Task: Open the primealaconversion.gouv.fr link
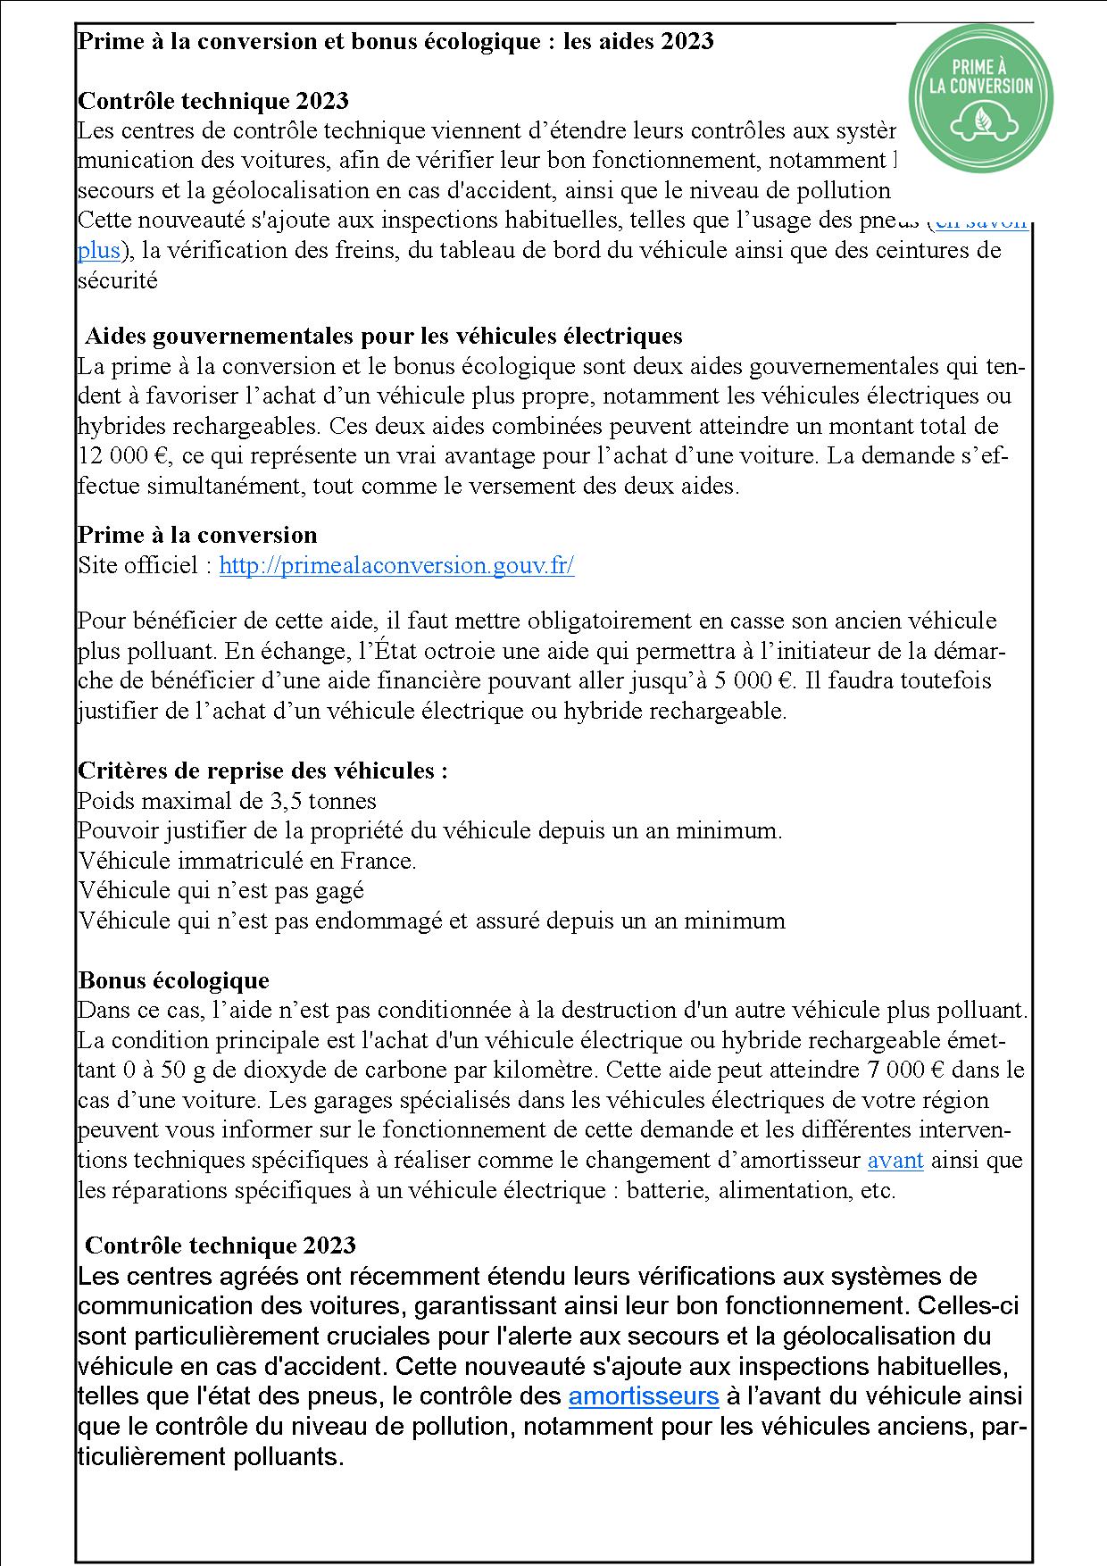click(396, 566)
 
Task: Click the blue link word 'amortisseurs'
click(643, 1395)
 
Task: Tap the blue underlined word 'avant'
click(895, 1161)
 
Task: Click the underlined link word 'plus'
click(98, 251)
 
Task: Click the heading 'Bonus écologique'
click(173, 980)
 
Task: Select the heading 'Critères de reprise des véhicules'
click(262, 771)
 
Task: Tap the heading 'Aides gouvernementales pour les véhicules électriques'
click(383, 337)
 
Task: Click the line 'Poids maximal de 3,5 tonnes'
click(227, 801)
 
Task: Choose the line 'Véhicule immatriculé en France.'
click(247, 862)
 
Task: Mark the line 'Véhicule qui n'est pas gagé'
click(221, 891)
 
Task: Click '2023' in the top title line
click(687, 41)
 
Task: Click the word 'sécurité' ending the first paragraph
click(117, 281)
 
